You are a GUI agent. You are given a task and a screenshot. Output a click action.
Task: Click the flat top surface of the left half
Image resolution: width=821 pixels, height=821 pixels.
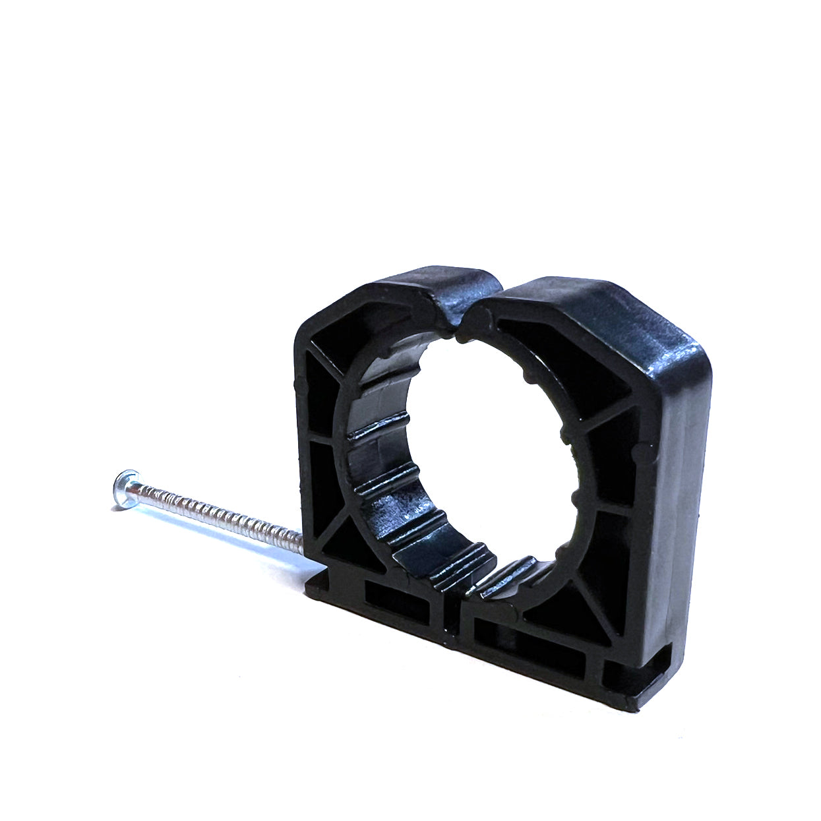tap(429, 280)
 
